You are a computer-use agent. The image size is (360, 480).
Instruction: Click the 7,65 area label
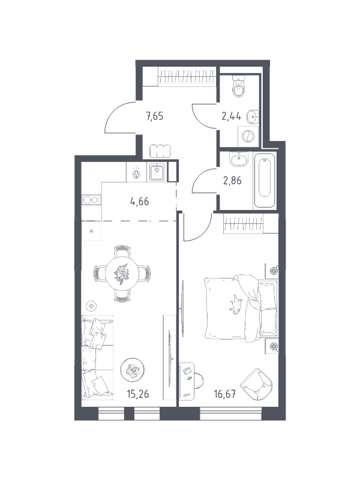pos(155,116)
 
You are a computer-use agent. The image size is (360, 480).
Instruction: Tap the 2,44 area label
pos(232,116)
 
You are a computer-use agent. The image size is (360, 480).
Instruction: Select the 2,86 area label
pos(232,181)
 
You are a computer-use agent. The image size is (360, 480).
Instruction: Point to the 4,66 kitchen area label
pos(140,202)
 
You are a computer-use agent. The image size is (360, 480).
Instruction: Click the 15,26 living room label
pos(138,394)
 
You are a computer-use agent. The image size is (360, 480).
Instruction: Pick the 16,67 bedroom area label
pos(224,394)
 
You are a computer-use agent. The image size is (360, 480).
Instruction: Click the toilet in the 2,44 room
pos(239,86)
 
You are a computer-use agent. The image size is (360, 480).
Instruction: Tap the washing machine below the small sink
pos(248,136)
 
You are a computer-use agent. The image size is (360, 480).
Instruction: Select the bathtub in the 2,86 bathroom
pos(265,180)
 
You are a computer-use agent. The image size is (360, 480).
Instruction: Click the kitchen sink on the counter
pos(157,172)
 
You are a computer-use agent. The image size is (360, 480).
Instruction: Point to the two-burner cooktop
pos(91,200)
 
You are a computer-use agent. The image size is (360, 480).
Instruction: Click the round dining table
pos(122,271)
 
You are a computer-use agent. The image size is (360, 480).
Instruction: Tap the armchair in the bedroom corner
pos(257,384)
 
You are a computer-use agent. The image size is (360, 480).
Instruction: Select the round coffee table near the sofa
pos(132,370)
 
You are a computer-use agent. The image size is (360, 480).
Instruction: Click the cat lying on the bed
pos(236,304)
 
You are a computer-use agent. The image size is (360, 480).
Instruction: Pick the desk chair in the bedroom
pos(198,381)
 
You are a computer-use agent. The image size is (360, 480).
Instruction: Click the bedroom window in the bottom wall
pos(231,414)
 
